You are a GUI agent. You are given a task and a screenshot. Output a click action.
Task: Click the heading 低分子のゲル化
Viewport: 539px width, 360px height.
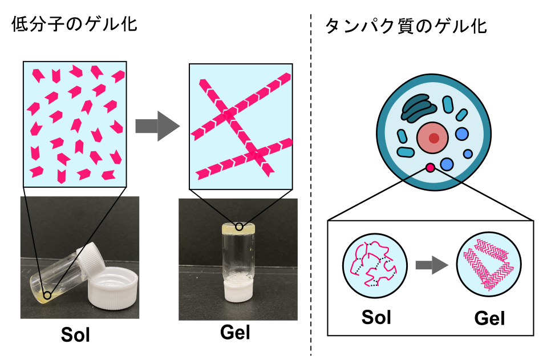(x=74, y=25)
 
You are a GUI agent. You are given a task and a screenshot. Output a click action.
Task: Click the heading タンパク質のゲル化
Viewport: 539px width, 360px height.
(x=406, y=26)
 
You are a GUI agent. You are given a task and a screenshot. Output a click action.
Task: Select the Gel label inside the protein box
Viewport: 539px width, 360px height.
(x=489, y=318)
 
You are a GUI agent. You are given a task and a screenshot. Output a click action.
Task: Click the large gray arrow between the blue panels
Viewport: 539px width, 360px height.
(x=157, y=126)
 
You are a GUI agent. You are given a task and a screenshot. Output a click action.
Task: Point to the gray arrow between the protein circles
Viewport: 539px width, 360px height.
(x=431, y=264)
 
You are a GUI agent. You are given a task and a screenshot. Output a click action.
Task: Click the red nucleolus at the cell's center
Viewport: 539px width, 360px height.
(x=435, y=137)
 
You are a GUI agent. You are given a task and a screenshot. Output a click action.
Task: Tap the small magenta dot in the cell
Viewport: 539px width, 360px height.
(x=430, y=167)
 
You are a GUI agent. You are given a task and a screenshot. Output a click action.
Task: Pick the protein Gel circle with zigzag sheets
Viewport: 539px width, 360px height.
(x=489, y=265)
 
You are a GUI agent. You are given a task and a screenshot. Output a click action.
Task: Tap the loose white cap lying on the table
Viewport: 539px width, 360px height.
(x=114, y=293)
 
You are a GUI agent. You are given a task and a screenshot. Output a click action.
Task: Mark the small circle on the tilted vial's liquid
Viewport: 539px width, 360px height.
(x=47, y=296)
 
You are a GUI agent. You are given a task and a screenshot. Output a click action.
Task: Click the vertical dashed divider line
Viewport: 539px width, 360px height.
(x=311, y=183)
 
